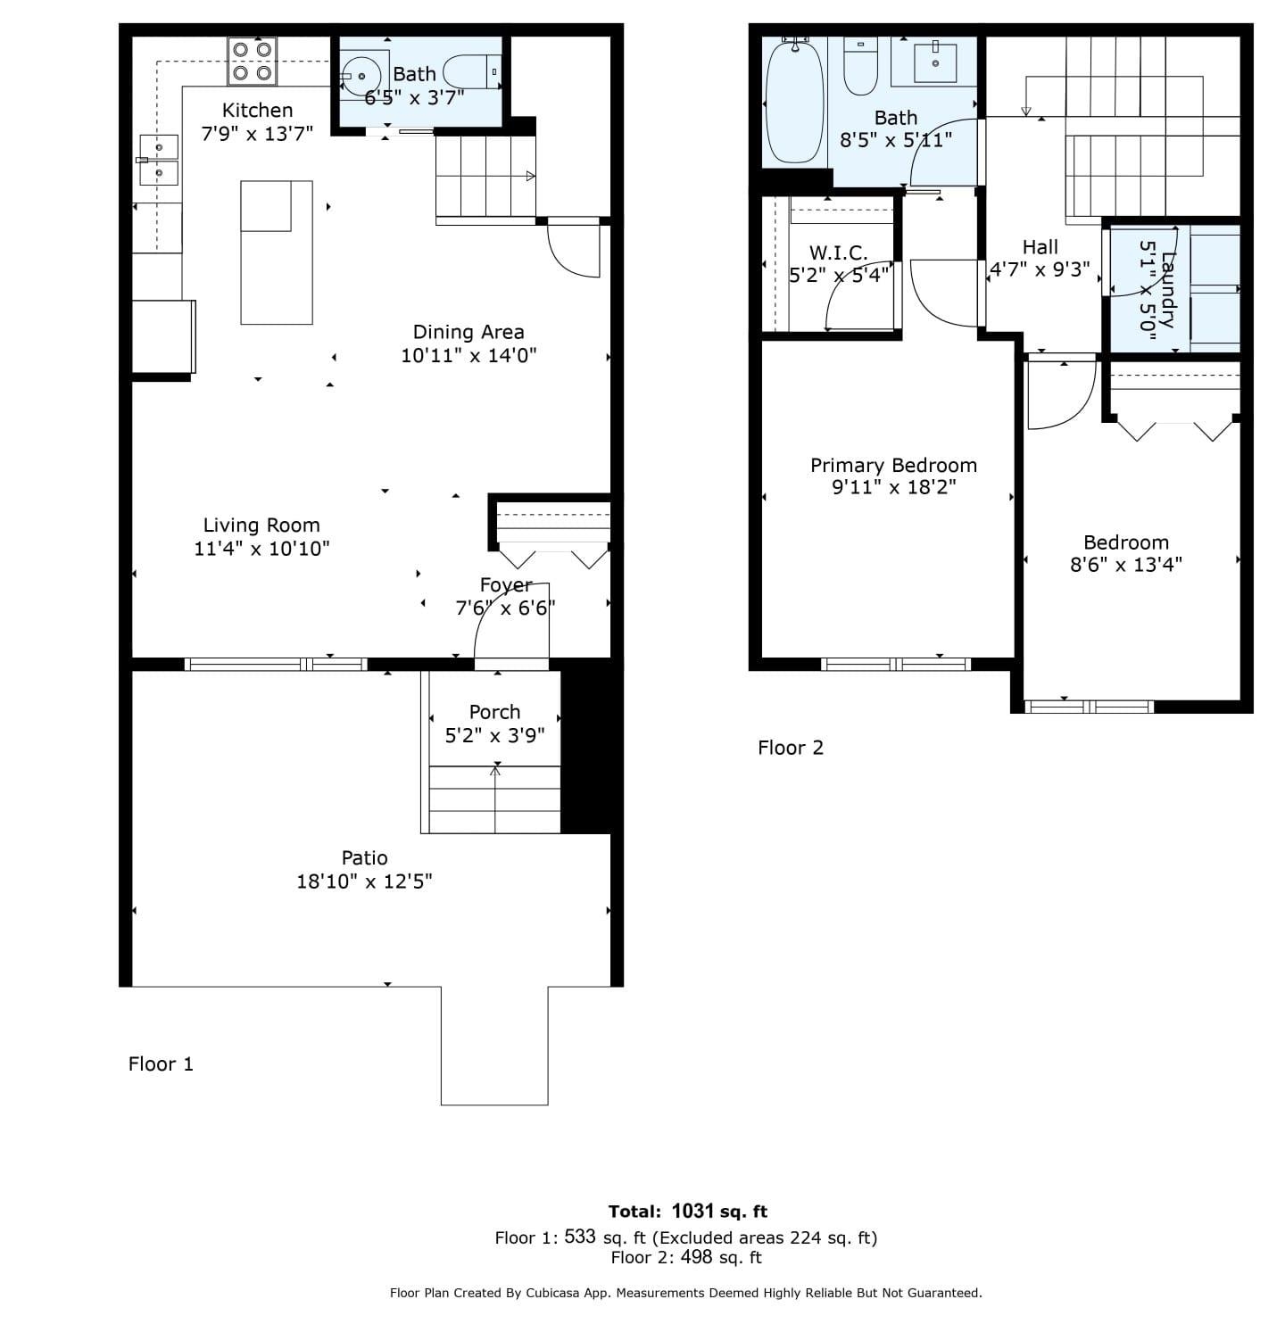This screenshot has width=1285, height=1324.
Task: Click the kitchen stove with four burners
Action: coord(253,62)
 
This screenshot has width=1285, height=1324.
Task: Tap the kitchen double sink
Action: coord(159,159)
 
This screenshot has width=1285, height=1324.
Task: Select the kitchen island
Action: coord(277,252)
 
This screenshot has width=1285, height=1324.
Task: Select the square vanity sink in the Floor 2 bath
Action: coord(935,62)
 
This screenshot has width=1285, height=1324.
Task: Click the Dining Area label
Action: coord(468,333)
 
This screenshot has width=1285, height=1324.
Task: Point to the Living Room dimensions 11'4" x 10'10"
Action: coord(261,549)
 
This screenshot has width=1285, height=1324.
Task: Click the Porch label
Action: coord(494,712)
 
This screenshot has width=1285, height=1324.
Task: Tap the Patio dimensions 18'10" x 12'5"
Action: coord(364,881)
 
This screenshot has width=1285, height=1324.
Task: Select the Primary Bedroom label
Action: coord(893,465)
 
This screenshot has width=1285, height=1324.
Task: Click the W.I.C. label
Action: coord(838,252)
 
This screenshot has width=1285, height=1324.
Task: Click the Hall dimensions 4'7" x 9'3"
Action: coord(1040,269)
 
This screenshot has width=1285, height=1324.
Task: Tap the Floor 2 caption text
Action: coord(791,748)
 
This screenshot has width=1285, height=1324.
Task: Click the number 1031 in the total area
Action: coord(692,1211)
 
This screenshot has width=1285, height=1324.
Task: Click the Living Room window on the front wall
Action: coord(276,664)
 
